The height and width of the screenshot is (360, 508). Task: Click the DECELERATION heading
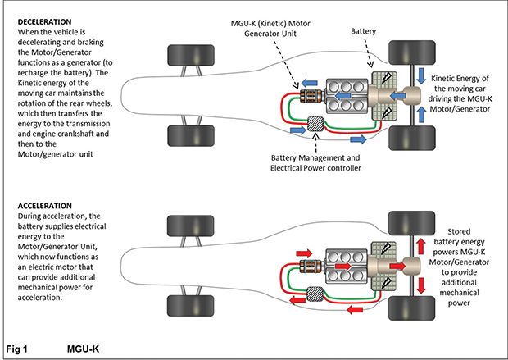point(41,21)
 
